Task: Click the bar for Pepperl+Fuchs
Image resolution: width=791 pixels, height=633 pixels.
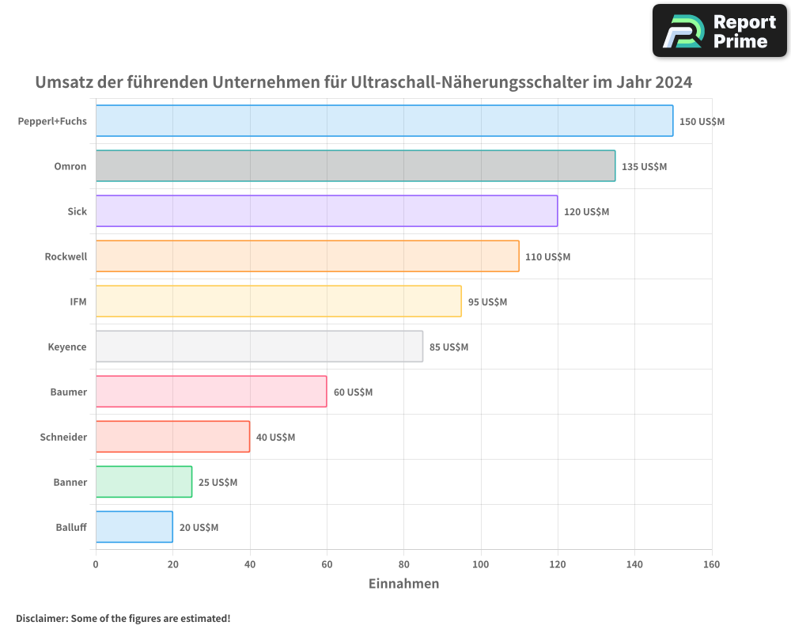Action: click(384, 121)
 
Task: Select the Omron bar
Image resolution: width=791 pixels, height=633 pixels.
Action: click(355, 166)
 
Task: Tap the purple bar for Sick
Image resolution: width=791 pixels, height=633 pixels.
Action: click(327, 211)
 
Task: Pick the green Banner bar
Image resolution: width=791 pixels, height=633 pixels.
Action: click(144, 482)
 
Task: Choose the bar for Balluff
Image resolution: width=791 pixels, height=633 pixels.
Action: click(134, 527)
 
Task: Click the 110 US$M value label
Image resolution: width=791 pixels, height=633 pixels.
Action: click(547, 257)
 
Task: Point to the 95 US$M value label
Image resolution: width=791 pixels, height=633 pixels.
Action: click(487, 302)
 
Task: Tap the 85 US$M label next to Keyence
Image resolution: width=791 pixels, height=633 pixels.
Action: click(448, 347)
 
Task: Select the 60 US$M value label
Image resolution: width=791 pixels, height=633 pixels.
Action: click(353, 392)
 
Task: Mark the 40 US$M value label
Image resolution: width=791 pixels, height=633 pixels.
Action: click(275, 438)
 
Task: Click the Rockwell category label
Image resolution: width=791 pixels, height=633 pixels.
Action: click(66, 256)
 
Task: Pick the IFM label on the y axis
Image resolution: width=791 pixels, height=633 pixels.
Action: click(78, 301)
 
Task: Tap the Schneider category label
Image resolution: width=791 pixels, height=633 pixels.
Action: click(63, 437)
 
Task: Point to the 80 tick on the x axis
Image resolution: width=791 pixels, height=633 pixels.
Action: click(403, 565)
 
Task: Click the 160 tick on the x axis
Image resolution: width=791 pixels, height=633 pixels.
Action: click(711, 565)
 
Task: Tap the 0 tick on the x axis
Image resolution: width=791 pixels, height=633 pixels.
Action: click(96, 565)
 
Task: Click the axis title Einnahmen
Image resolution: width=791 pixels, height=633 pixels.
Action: click(403, 584)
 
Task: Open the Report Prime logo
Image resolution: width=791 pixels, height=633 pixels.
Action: click(719, 31)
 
